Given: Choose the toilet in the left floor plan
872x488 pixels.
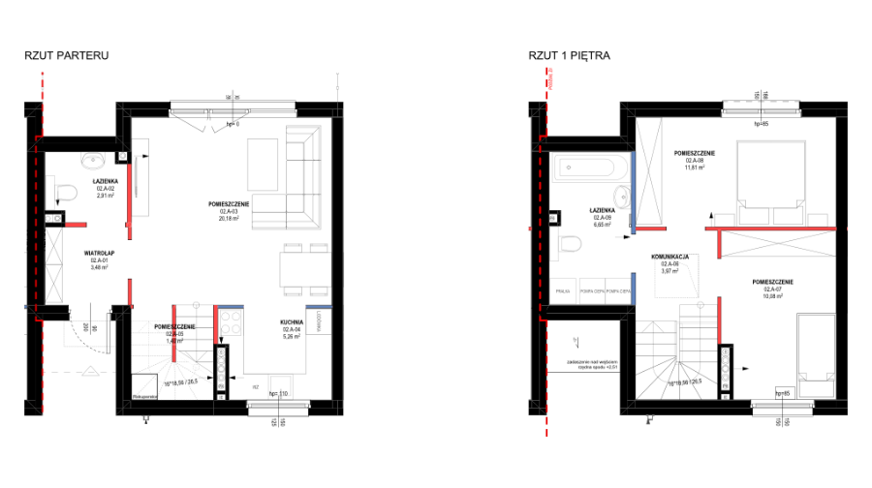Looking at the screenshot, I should [63, 193].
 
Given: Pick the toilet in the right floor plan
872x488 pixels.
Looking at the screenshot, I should [567, 243].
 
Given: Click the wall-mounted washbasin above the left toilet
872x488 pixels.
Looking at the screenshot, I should [93, 159].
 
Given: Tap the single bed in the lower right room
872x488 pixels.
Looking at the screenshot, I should [816, 354].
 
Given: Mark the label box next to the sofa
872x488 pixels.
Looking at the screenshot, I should [229, 214].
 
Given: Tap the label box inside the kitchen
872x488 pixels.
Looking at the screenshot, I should [292, 332].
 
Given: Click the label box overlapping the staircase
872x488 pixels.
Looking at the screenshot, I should [174, 337].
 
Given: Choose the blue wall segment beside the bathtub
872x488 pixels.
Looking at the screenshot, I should [633, 192].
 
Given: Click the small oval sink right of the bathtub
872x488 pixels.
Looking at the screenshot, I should [622, 198].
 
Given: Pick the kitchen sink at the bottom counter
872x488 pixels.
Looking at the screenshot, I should [280, 386].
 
